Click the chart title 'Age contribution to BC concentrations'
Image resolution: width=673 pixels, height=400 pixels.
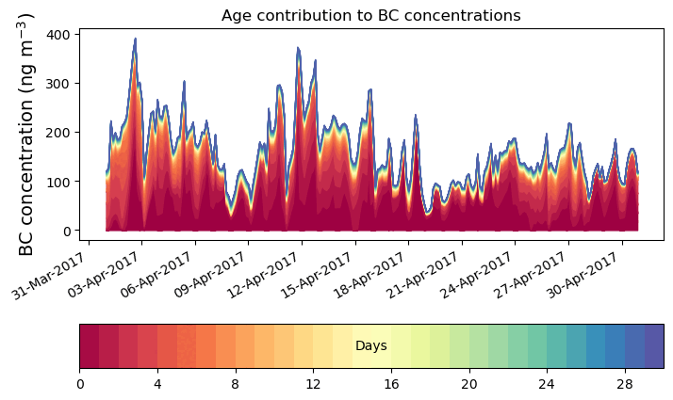[370, 15]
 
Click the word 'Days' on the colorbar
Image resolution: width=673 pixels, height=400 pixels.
[370, 346]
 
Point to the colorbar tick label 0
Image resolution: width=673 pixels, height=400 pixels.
[79, 384]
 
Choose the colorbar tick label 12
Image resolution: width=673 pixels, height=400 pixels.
[313, 384]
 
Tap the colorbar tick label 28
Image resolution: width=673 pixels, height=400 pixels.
[624, 384]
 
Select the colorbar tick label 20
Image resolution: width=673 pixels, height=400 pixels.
[468, 384]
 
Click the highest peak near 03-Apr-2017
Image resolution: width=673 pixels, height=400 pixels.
[135, 40]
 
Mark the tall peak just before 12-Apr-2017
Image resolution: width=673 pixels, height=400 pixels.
[298, 48]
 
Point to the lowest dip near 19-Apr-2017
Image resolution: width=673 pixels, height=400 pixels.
[428, 211]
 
